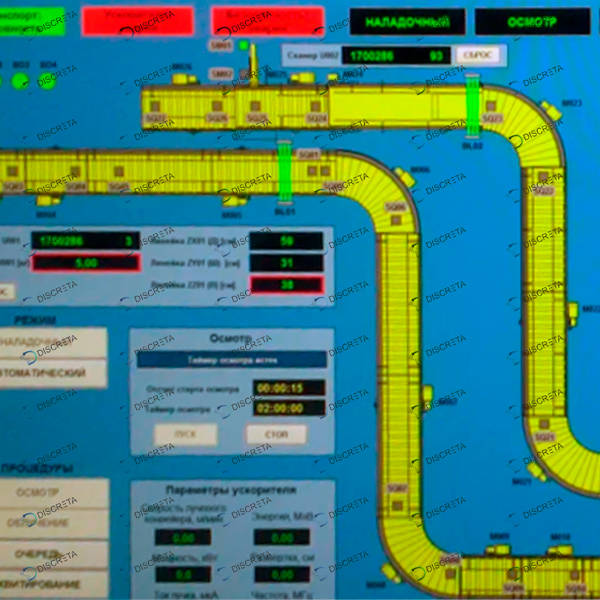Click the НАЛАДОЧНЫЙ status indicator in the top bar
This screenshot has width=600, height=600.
pyautogui.click(x=407, y=22)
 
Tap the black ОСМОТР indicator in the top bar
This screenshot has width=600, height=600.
pyautogui.click(x=532, y=22)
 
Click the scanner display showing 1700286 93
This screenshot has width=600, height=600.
pyautogui.click(x=396, y=56)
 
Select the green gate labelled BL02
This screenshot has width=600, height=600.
pyautogui.click(x=473, y=106)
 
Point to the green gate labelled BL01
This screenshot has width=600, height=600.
pyautogui.click(x=284, y=173)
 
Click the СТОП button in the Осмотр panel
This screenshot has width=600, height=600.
pyautogui.click(x=276, y=434)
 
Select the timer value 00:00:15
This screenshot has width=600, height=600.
pyautogui.click(x=289, y=388)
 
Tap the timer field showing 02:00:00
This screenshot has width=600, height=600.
pyautogui.click(x=289, y=409)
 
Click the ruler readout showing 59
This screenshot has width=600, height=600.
pyautogui.click(x=286, y=241)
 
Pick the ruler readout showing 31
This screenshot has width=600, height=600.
pyautogui.click(x=286, y=263)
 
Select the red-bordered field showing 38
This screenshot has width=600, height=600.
pyautogui.click(x=286, y=285)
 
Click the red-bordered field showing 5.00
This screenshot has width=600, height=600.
pyautogui.click(x=86, y=262)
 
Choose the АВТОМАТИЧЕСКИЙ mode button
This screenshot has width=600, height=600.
pyautogui.click(x=53, y=373)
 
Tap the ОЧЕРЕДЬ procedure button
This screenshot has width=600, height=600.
pyautogui.click(x=53, y=553)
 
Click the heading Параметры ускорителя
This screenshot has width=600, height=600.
pyautogui.click(x=231, y=490)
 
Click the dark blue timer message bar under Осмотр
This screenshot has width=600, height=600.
pyautogui.click(x=232, y=359)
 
